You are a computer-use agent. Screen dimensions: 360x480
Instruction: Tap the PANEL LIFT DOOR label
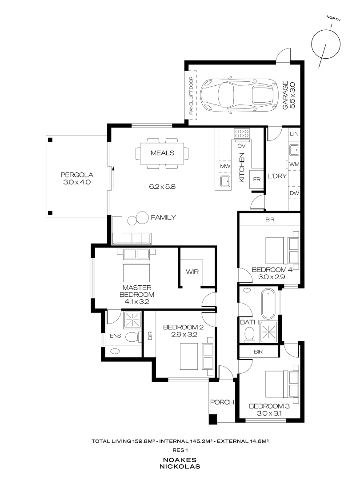click(191, 96)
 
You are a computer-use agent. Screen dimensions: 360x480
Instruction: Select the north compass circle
click(326, 44)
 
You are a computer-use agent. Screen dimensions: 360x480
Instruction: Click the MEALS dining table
click(162, 153)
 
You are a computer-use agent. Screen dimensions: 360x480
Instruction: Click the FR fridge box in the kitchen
click(256, 180)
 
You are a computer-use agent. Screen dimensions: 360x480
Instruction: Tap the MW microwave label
click(225, 166)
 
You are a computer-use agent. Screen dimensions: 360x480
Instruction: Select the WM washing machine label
click(294, 164)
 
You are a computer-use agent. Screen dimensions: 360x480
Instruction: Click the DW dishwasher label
click(294, 193)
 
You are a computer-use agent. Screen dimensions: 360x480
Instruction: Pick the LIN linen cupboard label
click(294, 134)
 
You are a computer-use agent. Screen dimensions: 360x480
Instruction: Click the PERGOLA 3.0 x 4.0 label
click(77, 179)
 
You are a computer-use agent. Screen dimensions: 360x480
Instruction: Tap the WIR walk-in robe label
click(192, 272)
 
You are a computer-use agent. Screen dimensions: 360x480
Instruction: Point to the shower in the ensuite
click(132, 320)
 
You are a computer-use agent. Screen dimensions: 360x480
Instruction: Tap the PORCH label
click(222, 402)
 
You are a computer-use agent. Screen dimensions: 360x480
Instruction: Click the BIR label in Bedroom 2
click(150, 336)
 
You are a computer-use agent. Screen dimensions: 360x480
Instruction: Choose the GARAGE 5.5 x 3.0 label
click(289, 95)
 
